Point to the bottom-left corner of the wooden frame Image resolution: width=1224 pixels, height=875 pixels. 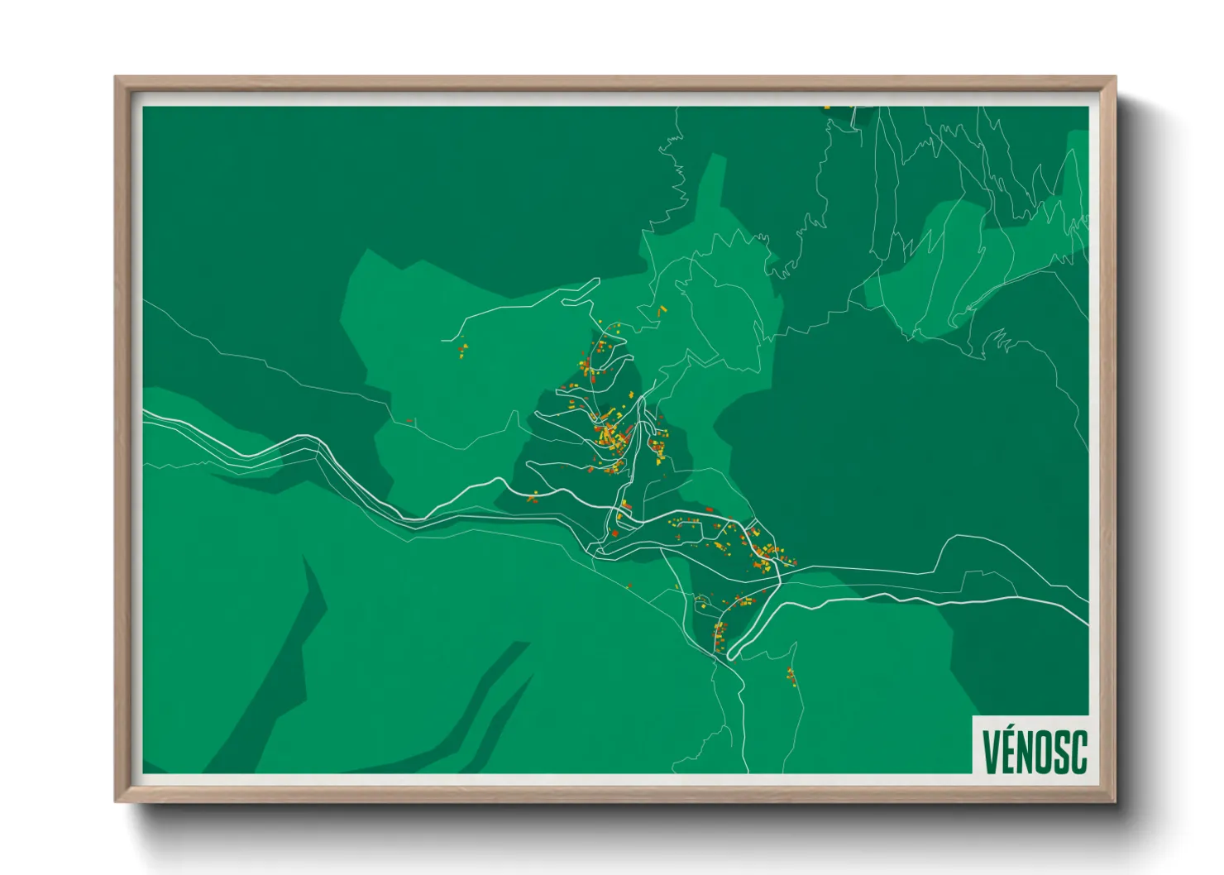[117, 800]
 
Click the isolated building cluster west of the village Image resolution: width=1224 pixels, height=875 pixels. [463, 351]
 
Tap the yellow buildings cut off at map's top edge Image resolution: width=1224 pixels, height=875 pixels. [827, 108]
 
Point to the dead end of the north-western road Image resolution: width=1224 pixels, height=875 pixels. [443, 340]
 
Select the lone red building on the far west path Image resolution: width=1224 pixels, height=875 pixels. [409, 421]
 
